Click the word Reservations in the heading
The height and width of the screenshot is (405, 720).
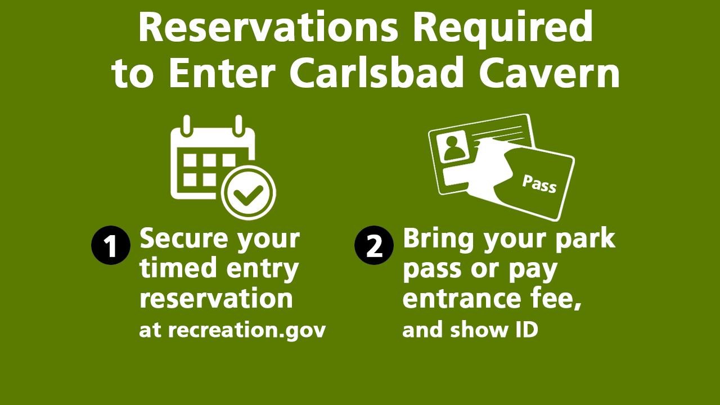coord(268,27)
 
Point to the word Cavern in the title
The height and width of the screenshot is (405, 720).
coord(548,73)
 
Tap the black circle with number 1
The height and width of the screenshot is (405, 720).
coord(111,245)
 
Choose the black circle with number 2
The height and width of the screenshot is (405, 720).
coord(374,245)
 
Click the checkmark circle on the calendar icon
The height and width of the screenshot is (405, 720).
coord(249,193)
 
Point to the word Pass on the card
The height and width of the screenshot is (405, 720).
coord(539,184)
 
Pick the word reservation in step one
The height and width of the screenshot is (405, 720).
coord(217,298)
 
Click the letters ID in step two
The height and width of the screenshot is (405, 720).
coord(527,330)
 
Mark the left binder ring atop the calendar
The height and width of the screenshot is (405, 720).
coord(187,125)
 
